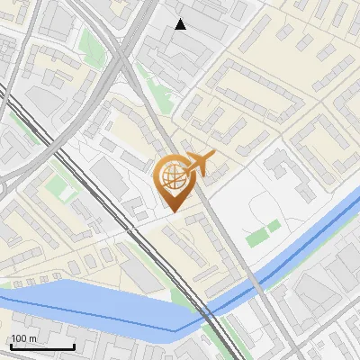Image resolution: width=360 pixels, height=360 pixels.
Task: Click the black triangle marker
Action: click(x=181, y=24)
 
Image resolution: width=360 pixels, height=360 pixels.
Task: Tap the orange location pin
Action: click(x=174, y=183)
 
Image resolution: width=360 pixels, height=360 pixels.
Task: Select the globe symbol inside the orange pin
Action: click(x=174, y=175)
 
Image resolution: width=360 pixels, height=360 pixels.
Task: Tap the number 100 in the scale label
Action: click(x=19, y=338)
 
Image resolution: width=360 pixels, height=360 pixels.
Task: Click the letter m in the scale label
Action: click(x=33, y=338)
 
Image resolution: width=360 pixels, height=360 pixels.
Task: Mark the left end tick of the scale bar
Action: click(x=11, y=346)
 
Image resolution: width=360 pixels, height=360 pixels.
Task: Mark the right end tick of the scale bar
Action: click(x=74, y=346)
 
